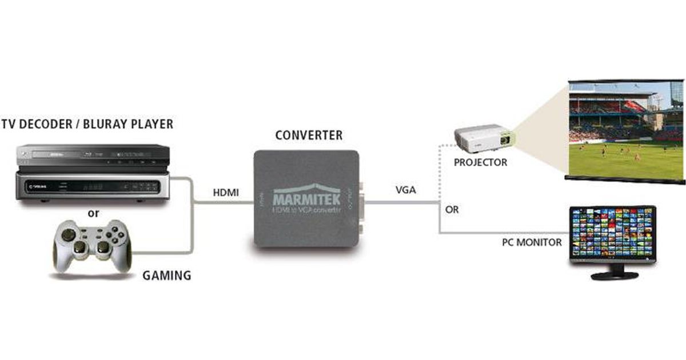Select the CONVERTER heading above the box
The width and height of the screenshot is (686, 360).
tap(309, 135)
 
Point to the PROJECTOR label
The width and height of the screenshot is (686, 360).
tap(480, 162)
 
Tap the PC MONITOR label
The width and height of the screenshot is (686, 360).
tap(532, 242)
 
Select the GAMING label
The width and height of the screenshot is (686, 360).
tap(166, 275)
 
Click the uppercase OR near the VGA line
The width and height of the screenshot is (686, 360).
tap(452, 210)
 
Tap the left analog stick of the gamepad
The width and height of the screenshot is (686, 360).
tap(68, 235)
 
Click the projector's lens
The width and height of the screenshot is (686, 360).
tap(506, 139)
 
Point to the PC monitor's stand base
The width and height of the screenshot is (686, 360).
tap(614, 275)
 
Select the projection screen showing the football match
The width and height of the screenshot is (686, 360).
tap(625, 131)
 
